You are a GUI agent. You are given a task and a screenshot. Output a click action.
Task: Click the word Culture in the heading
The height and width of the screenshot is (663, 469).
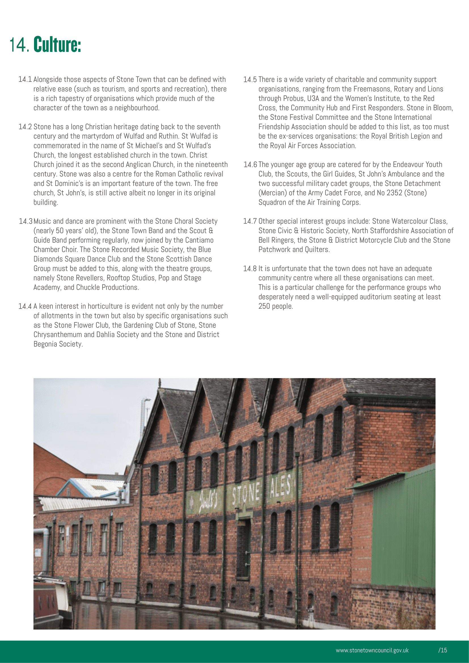point(57,45)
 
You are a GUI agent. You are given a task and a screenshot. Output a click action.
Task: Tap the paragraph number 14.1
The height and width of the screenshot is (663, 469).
point(25,79)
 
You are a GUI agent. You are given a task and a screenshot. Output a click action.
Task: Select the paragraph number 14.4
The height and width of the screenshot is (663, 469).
point(25,306)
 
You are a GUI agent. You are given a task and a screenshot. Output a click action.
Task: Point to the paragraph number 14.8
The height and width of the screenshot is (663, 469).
point(250,268)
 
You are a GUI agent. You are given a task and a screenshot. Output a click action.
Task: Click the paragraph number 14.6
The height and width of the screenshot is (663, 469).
point(250,165)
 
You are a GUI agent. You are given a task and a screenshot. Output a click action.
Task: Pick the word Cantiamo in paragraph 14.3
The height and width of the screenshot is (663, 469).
point(199,240)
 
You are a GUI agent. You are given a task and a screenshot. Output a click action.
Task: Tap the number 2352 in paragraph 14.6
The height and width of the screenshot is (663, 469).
point(394,193)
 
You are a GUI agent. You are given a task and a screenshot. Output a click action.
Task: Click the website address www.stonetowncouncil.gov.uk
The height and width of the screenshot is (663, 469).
point(372,650)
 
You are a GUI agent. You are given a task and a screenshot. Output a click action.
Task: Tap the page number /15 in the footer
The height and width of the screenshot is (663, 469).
point(443,650)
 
